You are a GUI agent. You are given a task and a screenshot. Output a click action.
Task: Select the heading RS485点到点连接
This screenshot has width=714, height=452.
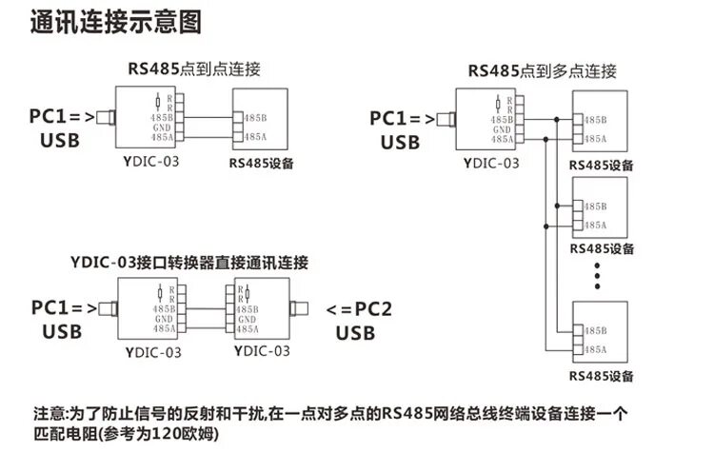coord(195,69)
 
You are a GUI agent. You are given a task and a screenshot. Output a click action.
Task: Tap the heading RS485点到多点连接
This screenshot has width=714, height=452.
coord(543,70)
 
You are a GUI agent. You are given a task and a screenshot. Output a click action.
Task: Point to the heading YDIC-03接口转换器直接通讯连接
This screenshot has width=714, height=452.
coord(190,260)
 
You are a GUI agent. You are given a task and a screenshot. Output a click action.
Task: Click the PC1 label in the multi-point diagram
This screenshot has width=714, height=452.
coord(400,119)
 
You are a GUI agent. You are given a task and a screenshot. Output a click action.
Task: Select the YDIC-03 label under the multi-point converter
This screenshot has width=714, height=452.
coord(491,164)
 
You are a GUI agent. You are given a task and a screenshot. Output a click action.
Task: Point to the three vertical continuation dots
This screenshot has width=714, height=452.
coord(599,276)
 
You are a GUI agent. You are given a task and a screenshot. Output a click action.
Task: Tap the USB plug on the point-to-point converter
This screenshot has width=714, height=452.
coord(109,119)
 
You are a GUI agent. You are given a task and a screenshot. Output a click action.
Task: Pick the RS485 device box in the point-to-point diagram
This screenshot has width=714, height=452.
coord(260,119)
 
